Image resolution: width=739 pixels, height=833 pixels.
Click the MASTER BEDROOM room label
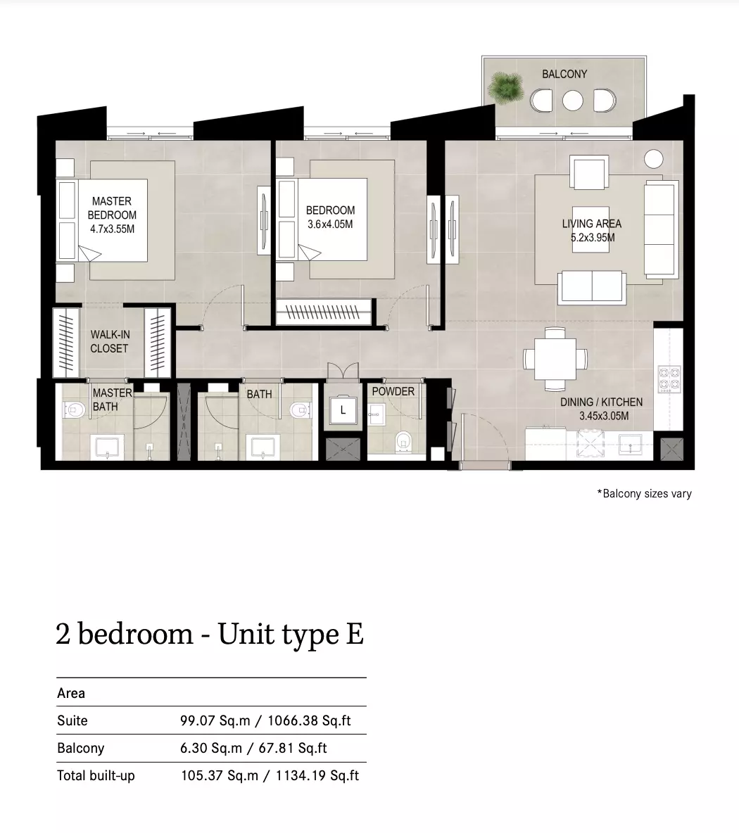point(112,208)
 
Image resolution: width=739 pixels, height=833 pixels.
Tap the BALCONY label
point(564,74)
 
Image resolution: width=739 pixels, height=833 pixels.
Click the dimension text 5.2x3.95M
point(593,238)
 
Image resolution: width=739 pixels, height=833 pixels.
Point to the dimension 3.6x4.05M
point(330,224)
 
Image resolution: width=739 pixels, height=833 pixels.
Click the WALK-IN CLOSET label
point(109,342)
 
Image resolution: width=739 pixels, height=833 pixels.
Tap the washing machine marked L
point(343,410)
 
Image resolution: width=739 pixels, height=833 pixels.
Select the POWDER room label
point(393,392)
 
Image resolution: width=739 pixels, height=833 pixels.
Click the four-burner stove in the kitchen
point(670,379)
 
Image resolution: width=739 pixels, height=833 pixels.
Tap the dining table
point(555,359)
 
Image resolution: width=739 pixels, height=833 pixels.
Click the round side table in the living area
point(653,159)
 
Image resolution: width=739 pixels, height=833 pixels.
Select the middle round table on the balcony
point(573,101)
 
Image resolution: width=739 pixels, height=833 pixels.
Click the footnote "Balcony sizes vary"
point(645,493)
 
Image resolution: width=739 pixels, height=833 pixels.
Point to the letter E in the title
point(355,634)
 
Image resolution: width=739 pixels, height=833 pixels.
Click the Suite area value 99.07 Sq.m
point(215,720)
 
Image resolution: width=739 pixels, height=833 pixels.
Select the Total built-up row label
point(96,775)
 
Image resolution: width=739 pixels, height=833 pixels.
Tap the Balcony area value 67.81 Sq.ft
point(293,748)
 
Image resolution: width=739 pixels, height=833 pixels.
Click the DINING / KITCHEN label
point(601,402)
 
